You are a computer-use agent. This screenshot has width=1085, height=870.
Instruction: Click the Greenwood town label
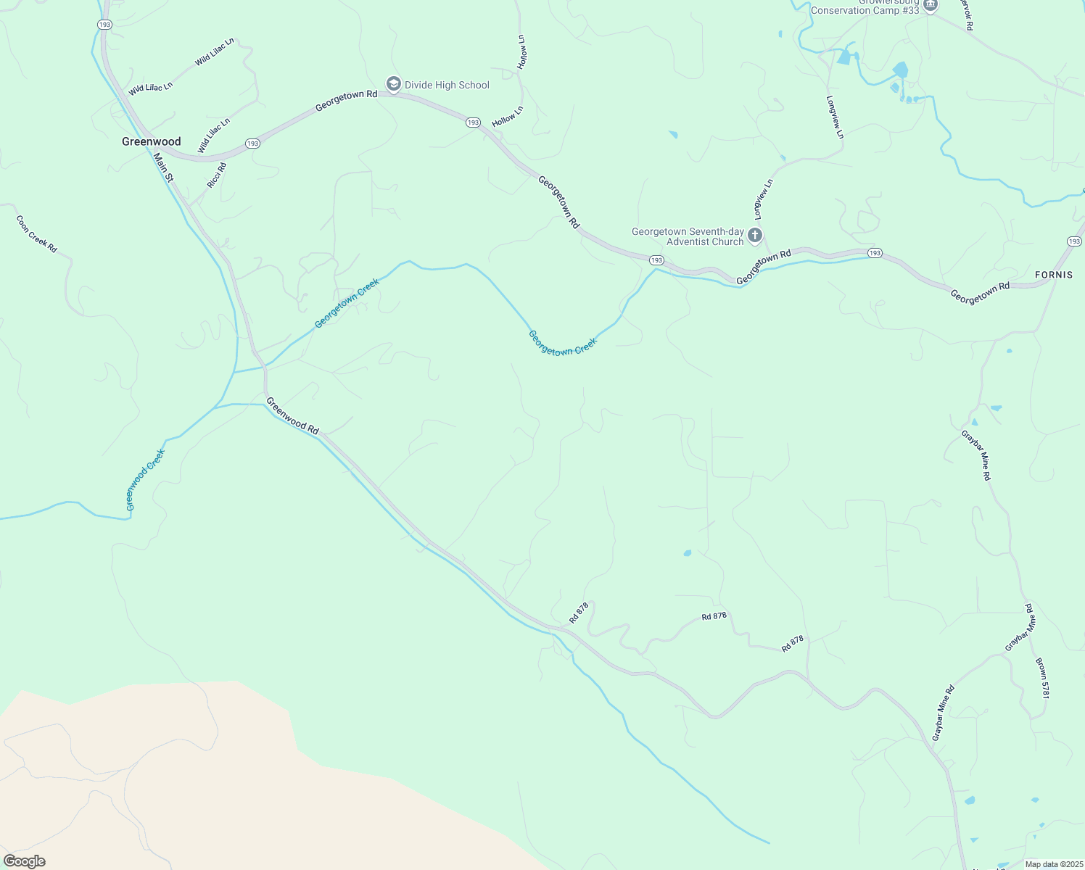coord(151,141)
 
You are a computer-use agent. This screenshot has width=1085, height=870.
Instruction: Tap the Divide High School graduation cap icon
coord(393,85)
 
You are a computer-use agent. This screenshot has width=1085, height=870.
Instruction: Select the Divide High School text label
coord(447,85)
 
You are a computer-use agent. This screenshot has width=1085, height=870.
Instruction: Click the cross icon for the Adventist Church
coord(755,236)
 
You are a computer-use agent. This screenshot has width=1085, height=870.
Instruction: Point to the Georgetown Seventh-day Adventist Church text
coord(688,236)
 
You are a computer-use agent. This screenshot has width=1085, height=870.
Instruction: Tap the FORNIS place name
coord(1054,275)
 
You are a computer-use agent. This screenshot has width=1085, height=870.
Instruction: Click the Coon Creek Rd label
coord(36,233)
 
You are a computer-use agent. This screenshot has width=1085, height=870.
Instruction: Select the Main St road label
coord(164,167)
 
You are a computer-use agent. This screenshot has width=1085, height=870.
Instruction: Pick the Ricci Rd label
coord(217,175)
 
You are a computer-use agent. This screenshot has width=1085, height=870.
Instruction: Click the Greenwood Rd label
coord(292,415)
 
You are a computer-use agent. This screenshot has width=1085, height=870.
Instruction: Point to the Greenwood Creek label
coord(146,479)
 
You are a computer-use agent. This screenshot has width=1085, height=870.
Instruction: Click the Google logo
coord(24,861)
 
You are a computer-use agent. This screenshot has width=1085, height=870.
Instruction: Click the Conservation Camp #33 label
coord(865,9)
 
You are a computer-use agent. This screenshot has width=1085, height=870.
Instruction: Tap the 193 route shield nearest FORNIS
coord(1074,241)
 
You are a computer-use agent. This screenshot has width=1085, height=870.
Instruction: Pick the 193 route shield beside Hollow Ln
coord(473,123)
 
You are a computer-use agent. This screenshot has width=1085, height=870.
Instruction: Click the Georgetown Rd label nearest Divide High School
coord(346,101)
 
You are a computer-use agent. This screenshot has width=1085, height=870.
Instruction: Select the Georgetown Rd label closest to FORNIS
coord(980,292)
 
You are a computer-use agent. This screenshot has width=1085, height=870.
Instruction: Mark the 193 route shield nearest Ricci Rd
coord(252,144)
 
